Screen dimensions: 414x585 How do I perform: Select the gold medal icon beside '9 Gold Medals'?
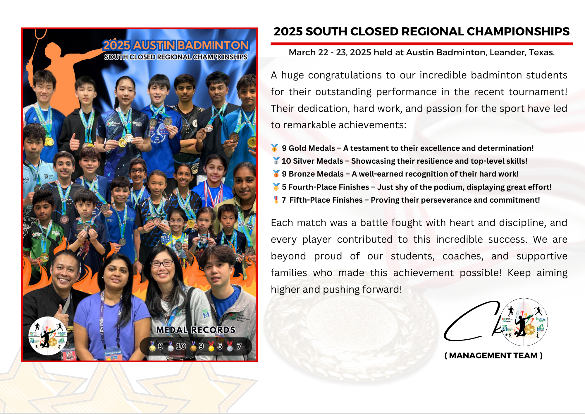[x=275, y=148]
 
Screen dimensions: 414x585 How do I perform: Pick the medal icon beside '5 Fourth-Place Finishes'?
[x=276, y=187]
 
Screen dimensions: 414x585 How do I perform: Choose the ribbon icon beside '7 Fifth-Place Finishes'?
[x=276, y=200]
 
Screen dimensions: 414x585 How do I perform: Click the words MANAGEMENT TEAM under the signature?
[x=493, y=355]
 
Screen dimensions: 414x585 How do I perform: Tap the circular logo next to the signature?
[x=524, y=322]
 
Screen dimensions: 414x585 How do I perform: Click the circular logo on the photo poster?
[x=48, y=336]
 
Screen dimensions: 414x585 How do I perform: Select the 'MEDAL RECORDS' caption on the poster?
[x=196, y=330]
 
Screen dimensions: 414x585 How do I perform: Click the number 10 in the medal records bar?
[x=181, y=346]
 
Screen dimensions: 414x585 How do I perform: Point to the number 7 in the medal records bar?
[x=239, y=346]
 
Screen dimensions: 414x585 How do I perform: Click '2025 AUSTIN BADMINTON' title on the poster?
[x=176, y=45]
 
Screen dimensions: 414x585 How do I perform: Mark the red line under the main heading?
[x=421, y=44]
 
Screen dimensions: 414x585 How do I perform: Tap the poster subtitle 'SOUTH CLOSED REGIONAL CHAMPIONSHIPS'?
[x=176, y=57]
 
